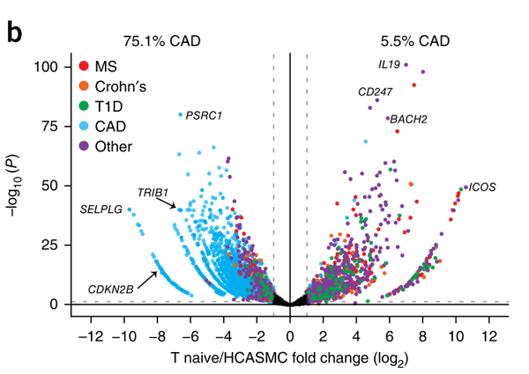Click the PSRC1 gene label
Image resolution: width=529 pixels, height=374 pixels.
pos(205,115)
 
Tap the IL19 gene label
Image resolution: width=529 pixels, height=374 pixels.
pos(389,64)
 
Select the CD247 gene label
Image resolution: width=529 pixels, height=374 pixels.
pos(376,92)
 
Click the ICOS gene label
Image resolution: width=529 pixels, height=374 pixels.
pos(481,187)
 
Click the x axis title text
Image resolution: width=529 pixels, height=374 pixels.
pos(290,360)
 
